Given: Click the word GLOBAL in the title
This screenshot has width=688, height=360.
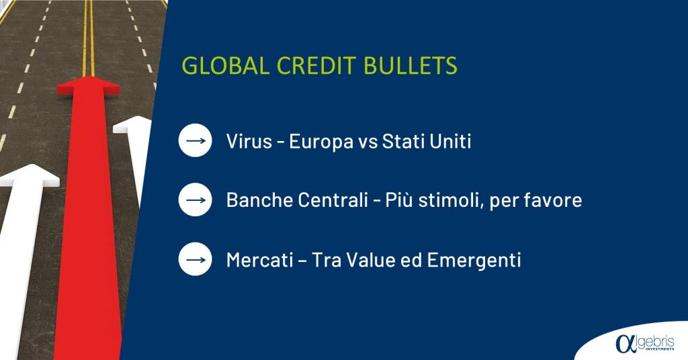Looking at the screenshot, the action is coord(225,66).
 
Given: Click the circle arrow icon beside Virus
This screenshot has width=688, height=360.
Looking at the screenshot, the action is coord(196,141).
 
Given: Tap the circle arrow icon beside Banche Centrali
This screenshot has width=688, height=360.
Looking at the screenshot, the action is coord(196,200).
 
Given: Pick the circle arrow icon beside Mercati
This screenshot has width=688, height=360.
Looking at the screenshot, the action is coord(196,259).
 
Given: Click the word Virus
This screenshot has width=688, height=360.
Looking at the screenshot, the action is coord(249,141).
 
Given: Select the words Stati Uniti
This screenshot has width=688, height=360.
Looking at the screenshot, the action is coord(427,141).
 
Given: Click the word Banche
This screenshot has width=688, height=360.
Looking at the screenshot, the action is coord(260,200).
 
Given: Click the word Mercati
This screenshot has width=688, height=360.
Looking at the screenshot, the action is coord(260,259).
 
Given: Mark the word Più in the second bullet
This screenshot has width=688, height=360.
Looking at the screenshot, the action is coord(398,200).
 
